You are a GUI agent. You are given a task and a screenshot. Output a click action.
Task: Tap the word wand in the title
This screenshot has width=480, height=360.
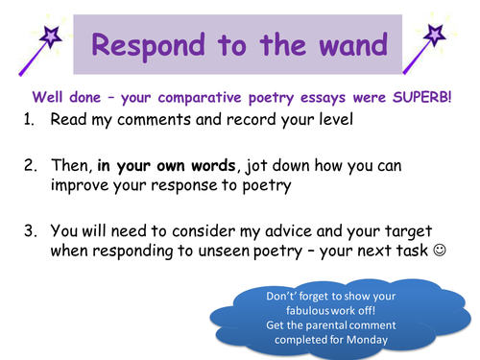pos(348,44)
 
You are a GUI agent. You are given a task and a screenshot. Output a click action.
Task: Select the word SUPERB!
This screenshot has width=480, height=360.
pos(421,96)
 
